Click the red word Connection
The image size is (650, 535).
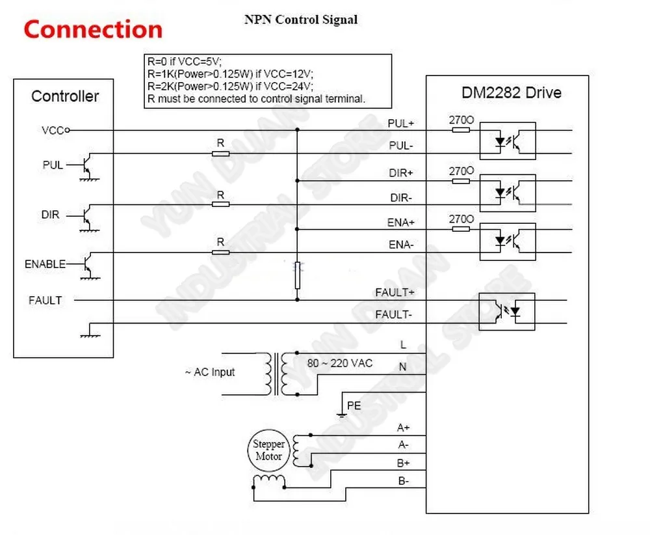[x=93, y=29]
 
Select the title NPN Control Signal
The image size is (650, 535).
[x=301, y=20]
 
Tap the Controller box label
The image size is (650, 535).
[x=65, y=96]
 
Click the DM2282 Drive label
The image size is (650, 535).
[x=512, y=92]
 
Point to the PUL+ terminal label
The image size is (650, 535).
[x=401, y=124]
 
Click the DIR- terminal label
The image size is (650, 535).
[x=401, y=198]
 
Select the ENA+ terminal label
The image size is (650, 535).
[x=401, y=223]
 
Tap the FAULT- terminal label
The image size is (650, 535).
[x=394, y=314]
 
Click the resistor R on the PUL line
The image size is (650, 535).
[x=220, y=154]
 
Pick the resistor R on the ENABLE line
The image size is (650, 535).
[x=220, y=253]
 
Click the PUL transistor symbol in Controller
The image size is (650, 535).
[x=88, y=167]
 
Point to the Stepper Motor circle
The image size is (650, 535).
[x=268, y=450]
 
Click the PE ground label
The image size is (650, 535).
[x=354, y=405]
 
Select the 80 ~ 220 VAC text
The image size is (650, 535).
[x=340, y=364]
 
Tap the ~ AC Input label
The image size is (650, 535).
[x=210, y=372]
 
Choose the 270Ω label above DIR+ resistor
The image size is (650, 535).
[x=461, y=171]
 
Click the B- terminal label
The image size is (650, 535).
[x=404, y=481]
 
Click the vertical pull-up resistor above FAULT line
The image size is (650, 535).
[x=297, y=275]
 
